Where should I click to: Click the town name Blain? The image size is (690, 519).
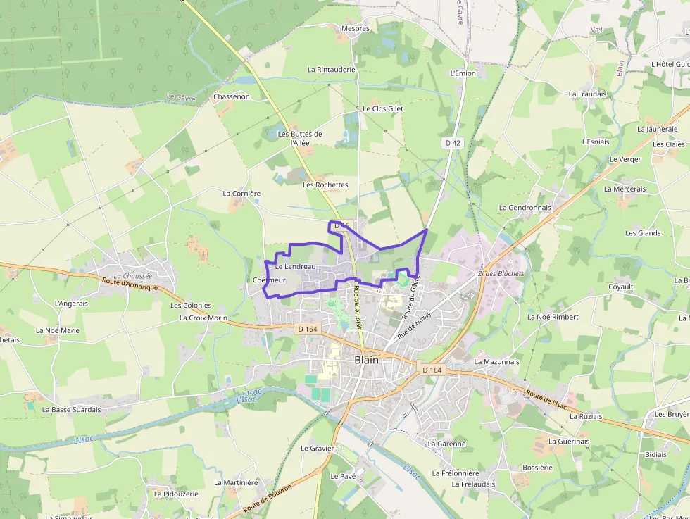point(366,360)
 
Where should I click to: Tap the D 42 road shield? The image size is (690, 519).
point(453,142)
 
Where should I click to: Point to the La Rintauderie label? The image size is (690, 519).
point(332,70)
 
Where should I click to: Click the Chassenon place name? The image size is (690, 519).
point(232,96)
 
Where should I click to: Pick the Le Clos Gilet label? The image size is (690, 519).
point(383,109)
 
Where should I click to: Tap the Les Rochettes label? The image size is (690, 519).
point(325,185)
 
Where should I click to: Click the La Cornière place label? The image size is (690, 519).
point(241,193)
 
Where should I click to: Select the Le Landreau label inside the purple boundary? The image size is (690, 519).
point(296,267)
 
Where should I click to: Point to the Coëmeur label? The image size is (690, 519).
point(269,280)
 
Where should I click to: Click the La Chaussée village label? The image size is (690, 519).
point(132,276)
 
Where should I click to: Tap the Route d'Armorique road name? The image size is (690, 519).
point(130,286)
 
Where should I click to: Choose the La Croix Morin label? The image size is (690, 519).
point(203,318)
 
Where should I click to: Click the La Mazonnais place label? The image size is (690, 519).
point(496,362)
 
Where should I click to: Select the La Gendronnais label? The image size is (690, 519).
point(525,208)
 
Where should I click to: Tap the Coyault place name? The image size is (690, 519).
point(621,287)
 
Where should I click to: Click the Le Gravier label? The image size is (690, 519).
point(318,448)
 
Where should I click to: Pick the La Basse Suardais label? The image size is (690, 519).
point(72,409)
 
